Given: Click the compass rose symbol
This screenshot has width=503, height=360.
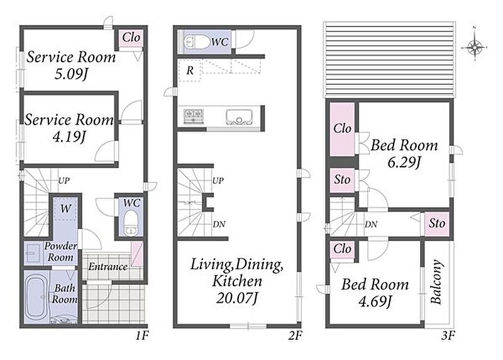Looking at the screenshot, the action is click(475, 47).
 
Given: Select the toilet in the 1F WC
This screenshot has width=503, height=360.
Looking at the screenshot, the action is click(131, 223).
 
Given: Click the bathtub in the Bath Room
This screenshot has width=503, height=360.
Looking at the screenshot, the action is click(36, 297).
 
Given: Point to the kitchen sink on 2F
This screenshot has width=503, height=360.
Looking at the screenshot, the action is click(239, 117).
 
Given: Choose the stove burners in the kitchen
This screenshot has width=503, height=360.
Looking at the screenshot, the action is click(194, 116).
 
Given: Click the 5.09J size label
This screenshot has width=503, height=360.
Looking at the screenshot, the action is click(71, 74).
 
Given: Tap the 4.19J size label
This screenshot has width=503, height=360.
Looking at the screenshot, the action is click(69, 137).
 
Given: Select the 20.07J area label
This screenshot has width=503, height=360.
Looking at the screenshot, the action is click(237, 298).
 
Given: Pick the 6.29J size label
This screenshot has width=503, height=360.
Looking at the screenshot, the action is click(404, 162).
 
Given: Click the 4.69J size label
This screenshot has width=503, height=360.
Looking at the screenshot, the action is click(375, 302).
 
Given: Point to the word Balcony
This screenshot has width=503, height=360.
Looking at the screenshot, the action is click(436, 282).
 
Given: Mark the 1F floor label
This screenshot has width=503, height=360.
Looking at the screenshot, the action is click(142, 336).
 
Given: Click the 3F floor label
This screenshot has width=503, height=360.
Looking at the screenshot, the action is click(448, 336).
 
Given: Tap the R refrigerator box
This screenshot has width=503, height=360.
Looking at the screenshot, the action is click(190, 70).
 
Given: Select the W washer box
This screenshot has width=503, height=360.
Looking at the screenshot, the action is click(65, 209).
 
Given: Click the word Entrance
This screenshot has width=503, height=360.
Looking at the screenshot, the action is click(108, 267).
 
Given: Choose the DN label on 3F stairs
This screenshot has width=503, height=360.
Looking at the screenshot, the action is click(371, 225).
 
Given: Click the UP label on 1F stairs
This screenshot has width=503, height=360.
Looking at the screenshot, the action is click(64, 181).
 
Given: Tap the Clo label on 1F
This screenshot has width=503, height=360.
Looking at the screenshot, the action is click(131, 38).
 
